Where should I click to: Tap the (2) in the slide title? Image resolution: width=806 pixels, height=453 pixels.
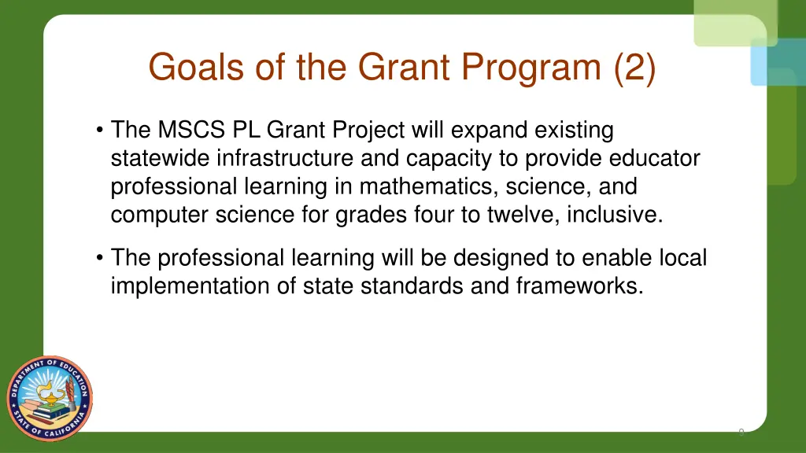[x=634, y=67]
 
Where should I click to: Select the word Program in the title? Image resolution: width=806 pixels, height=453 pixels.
[x=531, y=67]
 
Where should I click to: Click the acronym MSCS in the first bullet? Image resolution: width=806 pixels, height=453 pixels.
[x=190, y=129]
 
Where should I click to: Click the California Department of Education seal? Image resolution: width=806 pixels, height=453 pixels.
[x=50, y=393]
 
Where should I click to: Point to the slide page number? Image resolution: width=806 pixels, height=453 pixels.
[x=741, y=431]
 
